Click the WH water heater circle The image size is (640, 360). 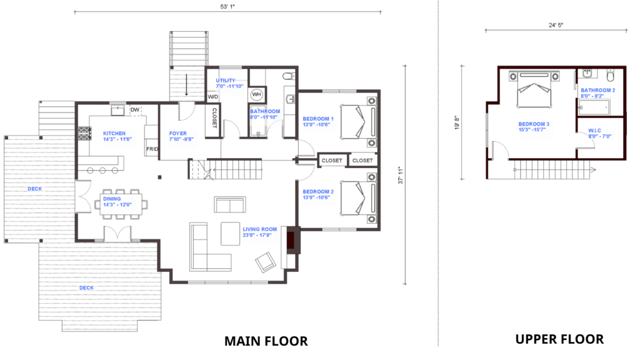pos(256,95)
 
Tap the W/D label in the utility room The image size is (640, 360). pos(213,97)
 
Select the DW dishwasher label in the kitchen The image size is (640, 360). pos(135,110)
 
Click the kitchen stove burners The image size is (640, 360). pos(85,134)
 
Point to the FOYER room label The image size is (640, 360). pos(178,134)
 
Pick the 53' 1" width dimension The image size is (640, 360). pos(227,6)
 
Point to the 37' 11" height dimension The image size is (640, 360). pos(401,175)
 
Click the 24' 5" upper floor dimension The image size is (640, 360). pos(556,25)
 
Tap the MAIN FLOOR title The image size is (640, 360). pos(266,341)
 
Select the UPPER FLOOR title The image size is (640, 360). pos(559,339)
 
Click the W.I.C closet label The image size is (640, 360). pos(595,131)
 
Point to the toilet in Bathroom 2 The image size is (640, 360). pos(610,76)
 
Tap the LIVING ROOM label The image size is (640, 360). pos(260,229)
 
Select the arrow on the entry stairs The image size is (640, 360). pos(186,85)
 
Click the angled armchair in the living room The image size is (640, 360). pos(266,262)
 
